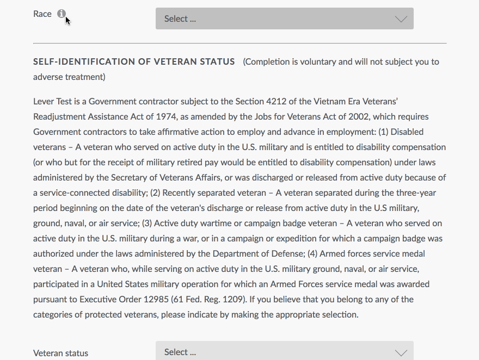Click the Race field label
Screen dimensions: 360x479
coord(42,14)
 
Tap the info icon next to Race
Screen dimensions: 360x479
coord(62,14)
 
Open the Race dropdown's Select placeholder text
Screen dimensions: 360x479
coord(180,19)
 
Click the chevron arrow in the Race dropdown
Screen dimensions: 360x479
coord(401,19)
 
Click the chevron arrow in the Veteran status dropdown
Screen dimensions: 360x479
coord(401,352)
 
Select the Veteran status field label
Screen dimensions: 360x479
coord(60,353)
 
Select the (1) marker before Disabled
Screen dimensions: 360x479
coord(383,132)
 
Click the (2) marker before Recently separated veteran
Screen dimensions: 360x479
coord(155,193)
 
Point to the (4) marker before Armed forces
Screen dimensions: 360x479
coord(312,254)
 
